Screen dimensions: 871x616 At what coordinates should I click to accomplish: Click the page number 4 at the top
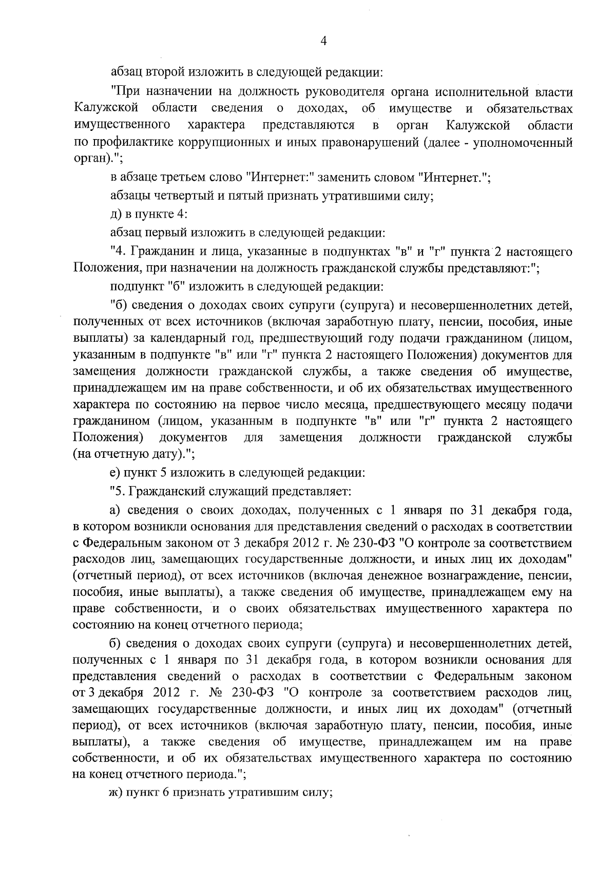[323, 42]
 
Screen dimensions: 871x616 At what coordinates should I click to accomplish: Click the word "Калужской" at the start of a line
[107, 109]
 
